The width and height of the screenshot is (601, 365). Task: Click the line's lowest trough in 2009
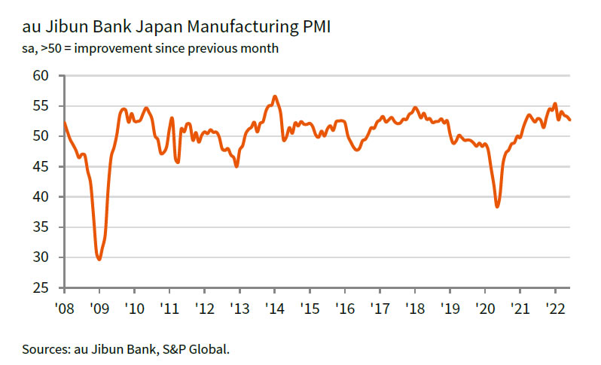point(99,259)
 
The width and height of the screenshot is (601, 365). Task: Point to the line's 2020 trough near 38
point(497,206)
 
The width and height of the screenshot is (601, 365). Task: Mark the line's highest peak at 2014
point(275,96)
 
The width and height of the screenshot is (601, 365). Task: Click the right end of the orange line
point(569,120)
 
